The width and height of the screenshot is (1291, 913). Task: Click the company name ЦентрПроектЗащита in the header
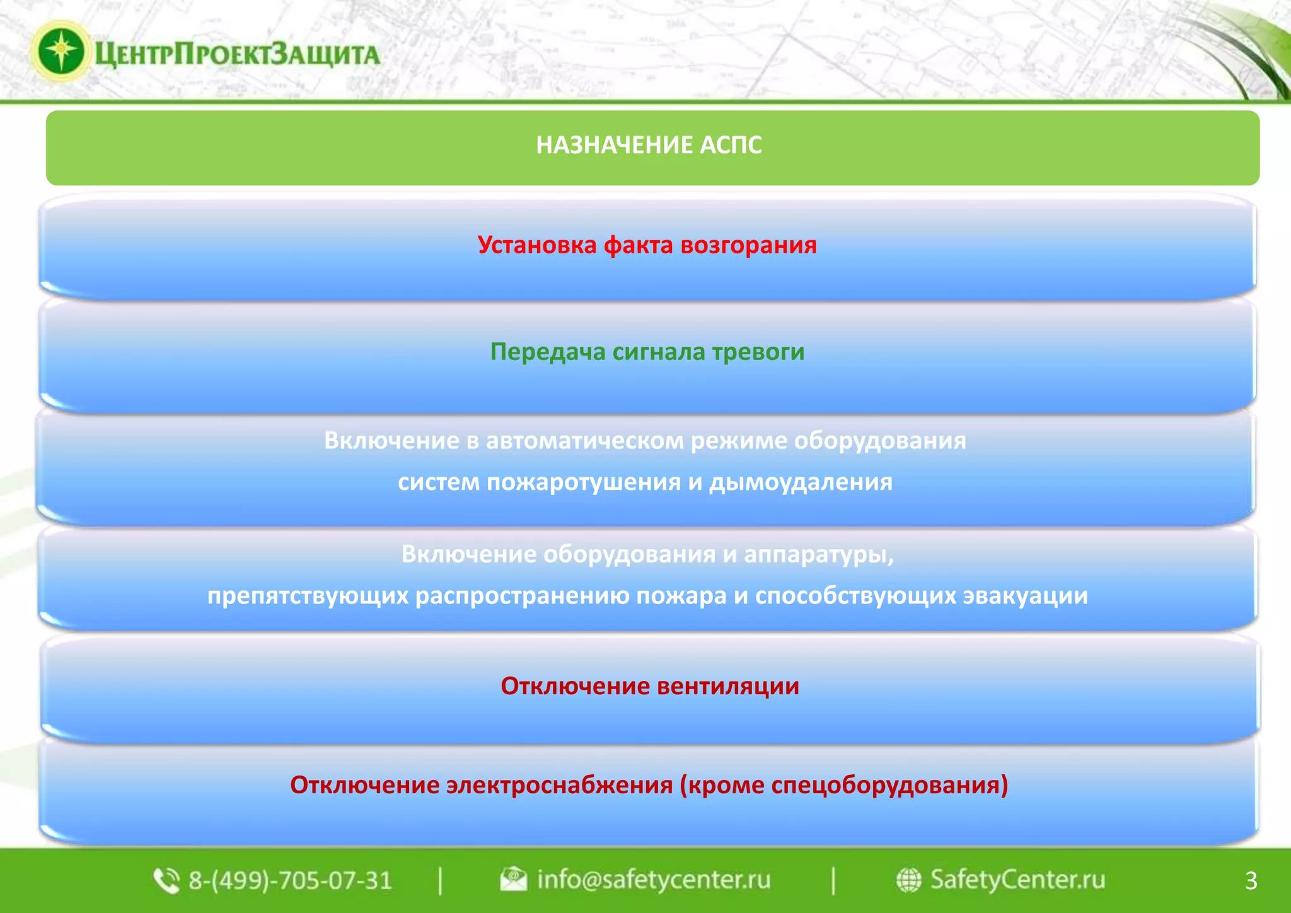tap(237, 54)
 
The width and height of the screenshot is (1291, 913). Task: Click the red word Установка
tap(536, 245)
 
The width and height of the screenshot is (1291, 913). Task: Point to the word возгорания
tap(748, 245)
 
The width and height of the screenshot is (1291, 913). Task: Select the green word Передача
tap(547, 352)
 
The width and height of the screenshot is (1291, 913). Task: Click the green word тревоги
tap(758, 352)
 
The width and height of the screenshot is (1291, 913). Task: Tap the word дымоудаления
tap(801, 482)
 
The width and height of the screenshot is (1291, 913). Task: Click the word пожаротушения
tap(584, 482)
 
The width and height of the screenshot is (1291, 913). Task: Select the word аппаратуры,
tap(819, 555)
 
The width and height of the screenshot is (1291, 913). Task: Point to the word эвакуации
tap(1025, 596)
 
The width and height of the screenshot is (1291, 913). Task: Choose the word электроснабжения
tap(560, 786)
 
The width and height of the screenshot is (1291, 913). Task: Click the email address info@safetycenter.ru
tap(653, 880)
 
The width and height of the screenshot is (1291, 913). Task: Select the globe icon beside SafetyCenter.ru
tap(908, 880)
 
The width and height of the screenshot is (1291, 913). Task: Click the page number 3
tap(1251, 881)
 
